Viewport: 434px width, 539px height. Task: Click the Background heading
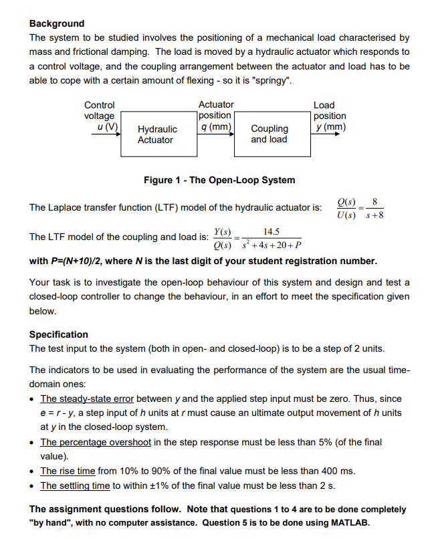tap(57, 23)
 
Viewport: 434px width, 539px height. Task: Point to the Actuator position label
tap(216, 116)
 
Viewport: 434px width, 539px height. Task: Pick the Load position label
tap(329, 116)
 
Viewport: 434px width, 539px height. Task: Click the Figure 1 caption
tap(219, 180)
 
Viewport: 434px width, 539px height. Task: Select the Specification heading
tap(59, 334)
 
